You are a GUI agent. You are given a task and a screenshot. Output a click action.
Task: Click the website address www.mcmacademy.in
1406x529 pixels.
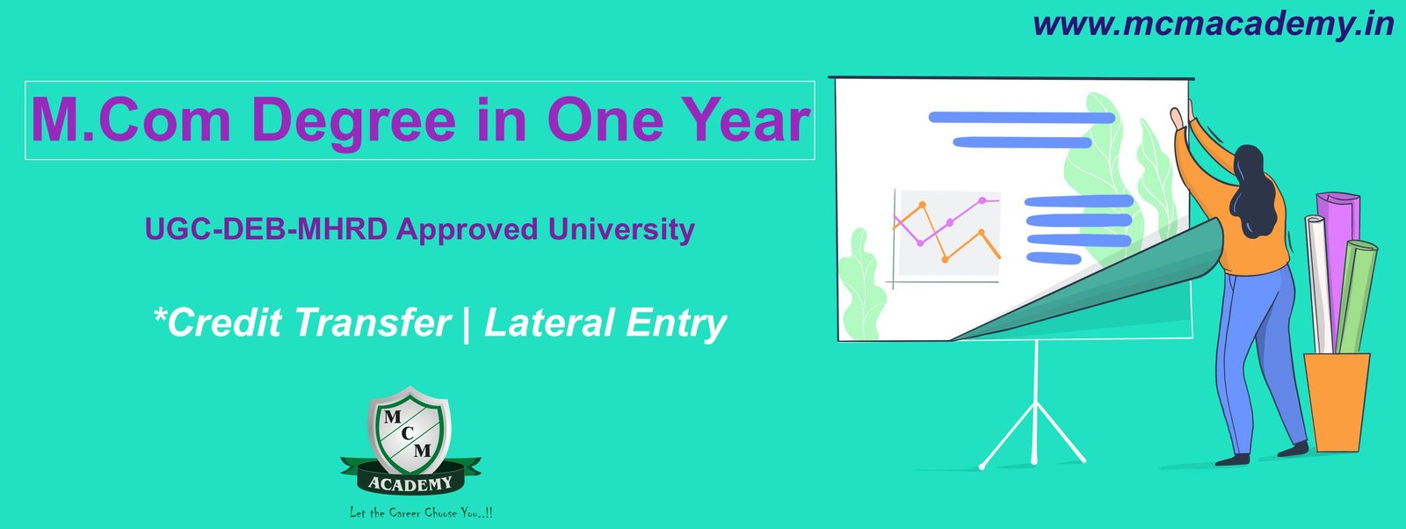(1213, 24)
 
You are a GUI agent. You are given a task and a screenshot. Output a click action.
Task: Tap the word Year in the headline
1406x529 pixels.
(742, 120)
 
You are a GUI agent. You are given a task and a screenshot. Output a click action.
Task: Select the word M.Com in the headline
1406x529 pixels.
(131, 120)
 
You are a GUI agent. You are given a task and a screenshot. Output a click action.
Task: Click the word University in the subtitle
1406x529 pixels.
(621, 229)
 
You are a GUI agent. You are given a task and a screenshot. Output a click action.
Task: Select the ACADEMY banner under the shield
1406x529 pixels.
(410, 482)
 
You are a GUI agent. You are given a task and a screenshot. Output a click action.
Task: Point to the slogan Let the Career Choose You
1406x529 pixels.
(421, 512)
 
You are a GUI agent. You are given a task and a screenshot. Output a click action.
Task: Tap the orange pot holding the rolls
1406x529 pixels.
(1336, 401)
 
